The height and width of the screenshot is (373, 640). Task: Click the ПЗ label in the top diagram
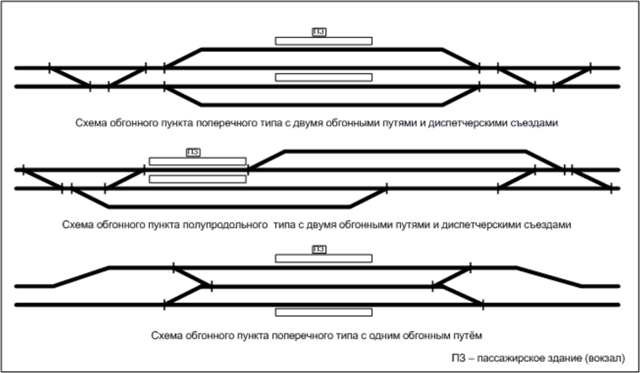point(319,32)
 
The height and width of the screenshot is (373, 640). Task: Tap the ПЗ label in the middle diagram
point(193,152)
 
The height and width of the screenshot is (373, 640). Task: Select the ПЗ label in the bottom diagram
point(319,249)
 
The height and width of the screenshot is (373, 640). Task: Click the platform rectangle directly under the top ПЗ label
point(324,41)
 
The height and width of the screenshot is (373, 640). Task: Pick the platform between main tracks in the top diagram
point(324,78)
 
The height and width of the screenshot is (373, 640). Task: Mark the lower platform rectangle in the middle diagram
point(198,179)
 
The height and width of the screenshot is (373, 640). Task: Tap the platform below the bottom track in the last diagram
point(324,312)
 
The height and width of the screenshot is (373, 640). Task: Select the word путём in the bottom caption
point(469,336)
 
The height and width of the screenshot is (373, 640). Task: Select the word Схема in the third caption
point(164,336)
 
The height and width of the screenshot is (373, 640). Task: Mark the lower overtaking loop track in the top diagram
point(321,105)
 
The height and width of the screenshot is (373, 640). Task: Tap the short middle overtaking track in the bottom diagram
point(322,286)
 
